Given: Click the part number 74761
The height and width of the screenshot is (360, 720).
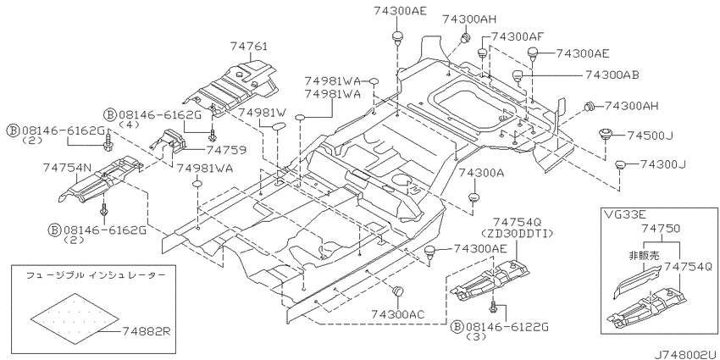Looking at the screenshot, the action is coord(248,46).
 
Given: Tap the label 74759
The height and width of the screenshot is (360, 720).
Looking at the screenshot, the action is coord(225,150).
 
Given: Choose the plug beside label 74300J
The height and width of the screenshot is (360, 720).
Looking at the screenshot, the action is coord(620,165).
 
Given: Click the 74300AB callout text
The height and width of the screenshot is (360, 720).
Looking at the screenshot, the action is coord(612,75).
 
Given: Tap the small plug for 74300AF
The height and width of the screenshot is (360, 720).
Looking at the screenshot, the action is coord(482,53).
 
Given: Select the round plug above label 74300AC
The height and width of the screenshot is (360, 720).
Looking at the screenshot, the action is coord(397,291).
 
